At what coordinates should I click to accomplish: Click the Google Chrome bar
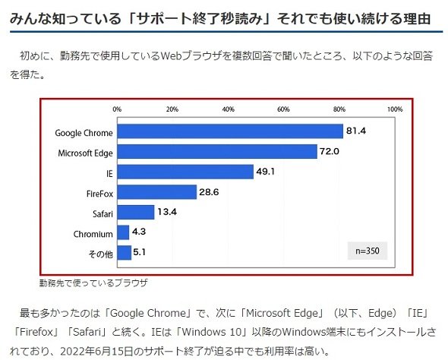pos(230,131)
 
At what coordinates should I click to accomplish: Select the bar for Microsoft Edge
pos(217,151)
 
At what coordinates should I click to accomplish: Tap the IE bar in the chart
pos(185,172)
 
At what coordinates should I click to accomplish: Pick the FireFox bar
pos(157,192)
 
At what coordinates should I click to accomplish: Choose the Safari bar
pos(136,213)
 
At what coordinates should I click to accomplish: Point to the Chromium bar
pos(123,232)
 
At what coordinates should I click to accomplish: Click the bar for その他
pos(125,253)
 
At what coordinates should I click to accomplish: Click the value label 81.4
pos(356,131)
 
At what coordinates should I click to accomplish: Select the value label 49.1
pos(266,172)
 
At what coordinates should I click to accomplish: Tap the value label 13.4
pos(167,212)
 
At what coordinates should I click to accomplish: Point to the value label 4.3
pos(139,232)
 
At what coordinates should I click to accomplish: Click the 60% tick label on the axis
pos(283,109)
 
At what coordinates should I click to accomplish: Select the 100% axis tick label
pos(395,109)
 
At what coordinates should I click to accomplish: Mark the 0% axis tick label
pos(117,109)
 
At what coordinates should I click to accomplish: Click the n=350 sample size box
pos(368,251)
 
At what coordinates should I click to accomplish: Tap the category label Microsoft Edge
pos(86,153)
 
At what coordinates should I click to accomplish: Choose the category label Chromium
pos(93,234)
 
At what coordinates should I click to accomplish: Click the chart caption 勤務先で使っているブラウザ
pos(93,283)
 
